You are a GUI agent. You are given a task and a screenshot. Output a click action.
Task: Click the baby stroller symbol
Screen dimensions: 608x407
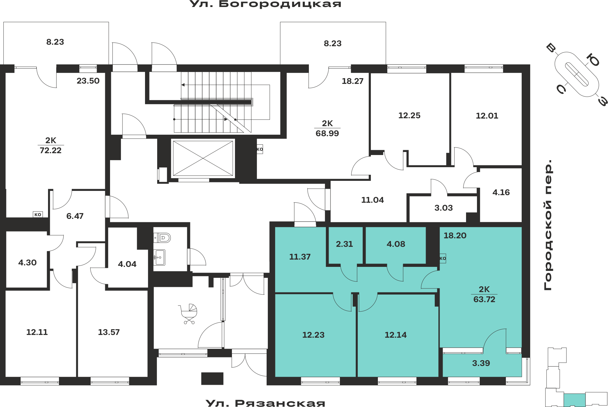188,314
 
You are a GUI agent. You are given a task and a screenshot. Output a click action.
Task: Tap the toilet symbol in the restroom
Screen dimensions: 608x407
162,238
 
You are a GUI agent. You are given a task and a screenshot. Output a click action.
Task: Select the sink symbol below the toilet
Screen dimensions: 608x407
159,257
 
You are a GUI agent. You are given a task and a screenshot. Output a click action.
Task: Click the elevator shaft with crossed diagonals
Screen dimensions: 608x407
203,158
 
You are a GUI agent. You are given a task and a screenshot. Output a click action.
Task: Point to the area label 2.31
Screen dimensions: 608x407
344,244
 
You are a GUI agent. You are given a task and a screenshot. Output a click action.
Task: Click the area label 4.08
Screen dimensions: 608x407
396,244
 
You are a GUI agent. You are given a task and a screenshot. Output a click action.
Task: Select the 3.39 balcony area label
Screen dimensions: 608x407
481,363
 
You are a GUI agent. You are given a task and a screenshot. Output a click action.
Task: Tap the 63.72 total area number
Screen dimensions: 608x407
484,299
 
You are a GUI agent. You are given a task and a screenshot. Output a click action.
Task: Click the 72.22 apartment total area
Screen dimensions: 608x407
50,150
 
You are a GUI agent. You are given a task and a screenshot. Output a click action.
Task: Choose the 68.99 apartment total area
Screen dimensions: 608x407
327,133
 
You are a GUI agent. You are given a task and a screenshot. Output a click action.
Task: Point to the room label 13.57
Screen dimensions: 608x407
109,332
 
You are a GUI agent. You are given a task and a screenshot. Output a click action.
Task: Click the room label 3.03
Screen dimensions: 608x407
444,208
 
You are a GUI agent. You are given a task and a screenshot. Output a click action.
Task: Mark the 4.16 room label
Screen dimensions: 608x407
501,192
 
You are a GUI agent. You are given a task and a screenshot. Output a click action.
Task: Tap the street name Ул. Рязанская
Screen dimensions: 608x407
265,403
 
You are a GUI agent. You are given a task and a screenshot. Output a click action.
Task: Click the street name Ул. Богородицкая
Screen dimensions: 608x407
265,4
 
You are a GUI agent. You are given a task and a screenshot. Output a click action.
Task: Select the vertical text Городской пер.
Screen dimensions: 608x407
548,225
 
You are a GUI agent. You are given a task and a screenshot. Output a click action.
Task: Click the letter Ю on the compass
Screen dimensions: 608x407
593,60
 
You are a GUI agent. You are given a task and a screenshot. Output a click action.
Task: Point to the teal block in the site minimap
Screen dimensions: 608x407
575,400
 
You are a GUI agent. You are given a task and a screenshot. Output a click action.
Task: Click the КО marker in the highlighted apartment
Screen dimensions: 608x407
443,258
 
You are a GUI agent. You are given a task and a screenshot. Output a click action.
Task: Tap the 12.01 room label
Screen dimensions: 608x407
487,116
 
